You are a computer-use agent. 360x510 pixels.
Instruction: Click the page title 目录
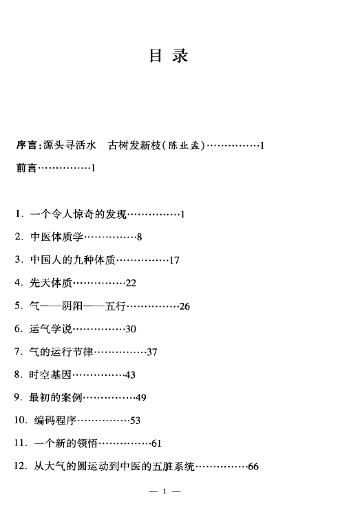click(x=169, y=56)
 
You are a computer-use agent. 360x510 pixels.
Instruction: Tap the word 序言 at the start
click(x=27, y=145)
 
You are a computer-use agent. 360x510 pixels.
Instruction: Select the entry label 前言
click(x=27, y=168)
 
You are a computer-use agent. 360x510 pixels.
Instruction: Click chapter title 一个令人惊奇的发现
click(x=78, y=214)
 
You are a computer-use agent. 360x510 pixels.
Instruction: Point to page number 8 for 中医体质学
click(x=139, y=237)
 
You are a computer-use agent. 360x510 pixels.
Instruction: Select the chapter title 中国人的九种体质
click(x=73, y=260)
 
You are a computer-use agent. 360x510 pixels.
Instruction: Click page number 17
click(x=174, y=260)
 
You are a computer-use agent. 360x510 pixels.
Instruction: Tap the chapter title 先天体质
click(x=51, y=283)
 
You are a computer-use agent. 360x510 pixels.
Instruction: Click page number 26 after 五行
click(x=184, y=306)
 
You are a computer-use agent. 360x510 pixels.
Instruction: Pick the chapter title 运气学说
click(x=51, y=329)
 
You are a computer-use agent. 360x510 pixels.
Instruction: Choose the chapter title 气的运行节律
click(x=61, y=352)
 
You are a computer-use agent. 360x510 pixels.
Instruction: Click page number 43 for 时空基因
click(x=130, y=375)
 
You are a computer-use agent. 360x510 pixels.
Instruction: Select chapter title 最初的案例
click(x=56, y=397)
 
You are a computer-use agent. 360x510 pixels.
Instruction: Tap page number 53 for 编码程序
click(x=136, y=421)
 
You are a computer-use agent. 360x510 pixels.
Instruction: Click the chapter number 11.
click(x=19, y=443)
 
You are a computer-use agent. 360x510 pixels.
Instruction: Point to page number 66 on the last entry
click(x=253, y=467)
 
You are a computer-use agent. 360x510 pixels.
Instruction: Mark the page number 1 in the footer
click(x=165, y=491)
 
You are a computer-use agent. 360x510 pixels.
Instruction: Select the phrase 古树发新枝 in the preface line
click(x=135, y=145)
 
